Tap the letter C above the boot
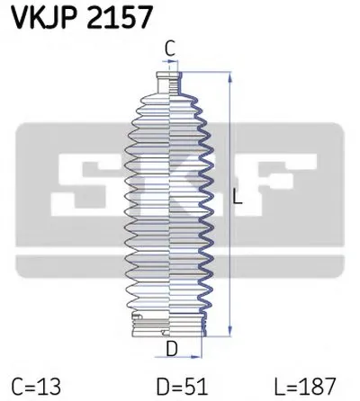168,49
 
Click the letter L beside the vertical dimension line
238,200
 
